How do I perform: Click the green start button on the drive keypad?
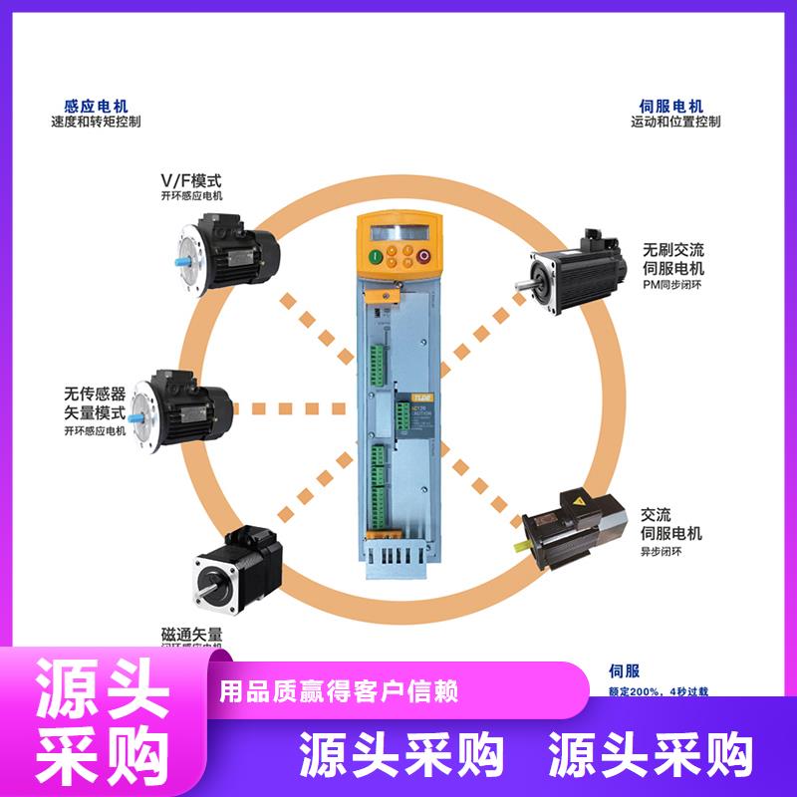(x=376, y=257)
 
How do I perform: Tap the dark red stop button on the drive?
(x=422, y=257)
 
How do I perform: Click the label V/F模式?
(x=191, y=180)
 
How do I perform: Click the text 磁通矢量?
(x=191, y=634)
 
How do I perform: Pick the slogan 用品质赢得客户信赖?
(x=339, y=690)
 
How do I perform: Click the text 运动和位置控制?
(x=674, y=123)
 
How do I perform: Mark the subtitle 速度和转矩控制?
(x=96, y=123)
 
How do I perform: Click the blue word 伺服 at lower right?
(x=623, y=670)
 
